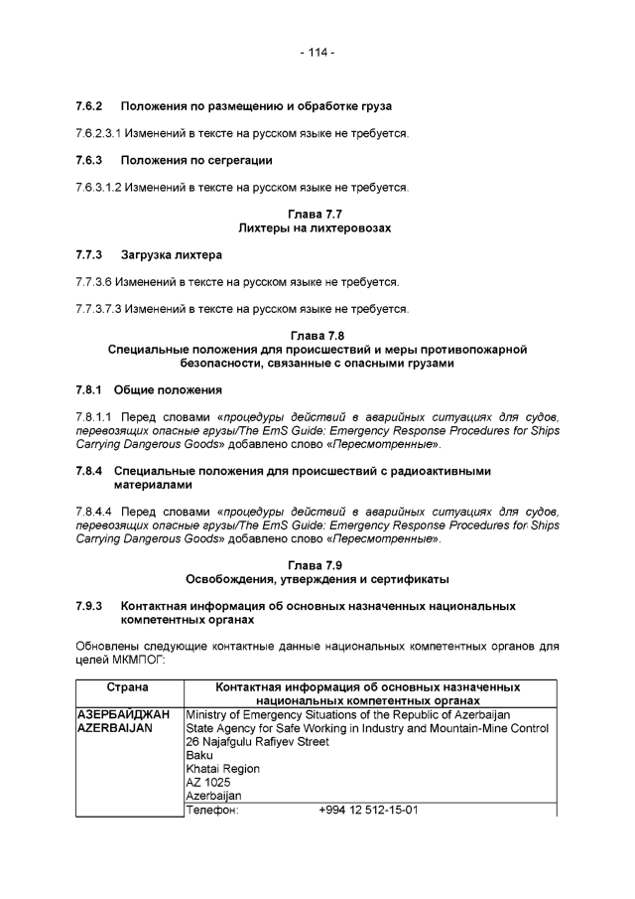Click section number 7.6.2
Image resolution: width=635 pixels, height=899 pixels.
[x=90, y=105]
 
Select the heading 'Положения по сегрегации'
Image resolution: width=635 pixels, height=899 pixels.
[x=196, y=160]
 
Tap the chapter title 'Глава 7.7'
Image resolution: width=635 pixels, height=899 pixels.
[x=315, y=215]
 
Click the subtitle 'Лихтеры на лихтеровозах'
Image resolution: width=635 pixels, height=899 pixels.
[x=315, y=228]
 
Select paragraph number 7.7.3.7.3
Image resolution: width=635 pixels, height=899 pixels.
[x=98, y=309]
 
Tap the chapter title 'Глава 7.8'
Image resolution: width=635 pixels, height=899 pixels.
[x=315, y=336]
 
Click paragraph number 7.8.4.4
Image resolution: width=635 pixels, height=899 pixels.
[x=95, y=512]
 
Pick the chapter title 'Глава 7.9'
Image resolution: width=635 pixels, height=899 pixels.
[x=315, y=565]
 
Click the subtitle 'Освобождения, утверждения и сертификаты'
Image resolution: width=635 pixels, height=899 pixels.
[x=315, y=579]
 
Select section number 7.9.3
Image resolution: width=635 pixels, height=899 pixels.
[x=90, y=606]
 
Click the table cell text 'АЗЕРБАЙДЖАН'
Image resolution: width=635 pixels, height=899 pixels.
[x=123, y=715]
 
